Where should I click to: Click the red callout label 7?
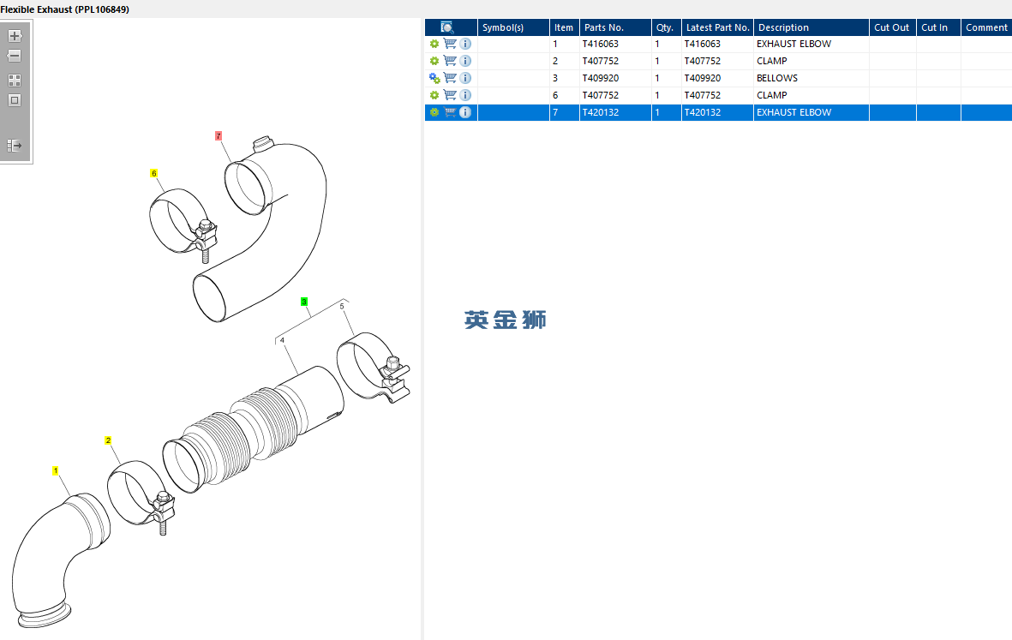219,136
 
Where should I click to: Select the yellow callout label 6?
153,174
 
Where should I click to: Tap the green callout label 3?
304,302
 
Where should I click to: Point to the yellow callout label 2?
108,440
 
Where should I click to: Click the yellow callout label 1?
56,471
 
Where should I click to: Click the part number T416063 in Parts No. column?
600,44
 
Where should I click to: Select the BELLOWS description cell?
777,78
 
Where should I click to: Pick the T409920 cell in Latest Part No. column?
702,78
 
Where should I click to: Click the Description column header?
783,27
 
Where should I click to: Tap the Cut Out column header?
891,27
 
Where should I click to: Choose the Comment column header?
986,27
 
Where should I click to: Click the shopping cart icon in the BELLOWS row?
450,78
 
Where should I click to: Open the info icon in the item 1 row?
465,44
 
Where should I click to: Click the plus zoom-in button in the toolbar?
15,36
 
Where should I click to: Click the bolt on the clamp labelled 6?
206,242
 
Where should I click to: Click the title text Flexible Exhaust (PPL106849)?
64,9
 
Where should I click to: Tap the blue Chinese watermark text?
506,320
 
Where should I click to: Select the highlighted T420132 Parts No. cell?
600,112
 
